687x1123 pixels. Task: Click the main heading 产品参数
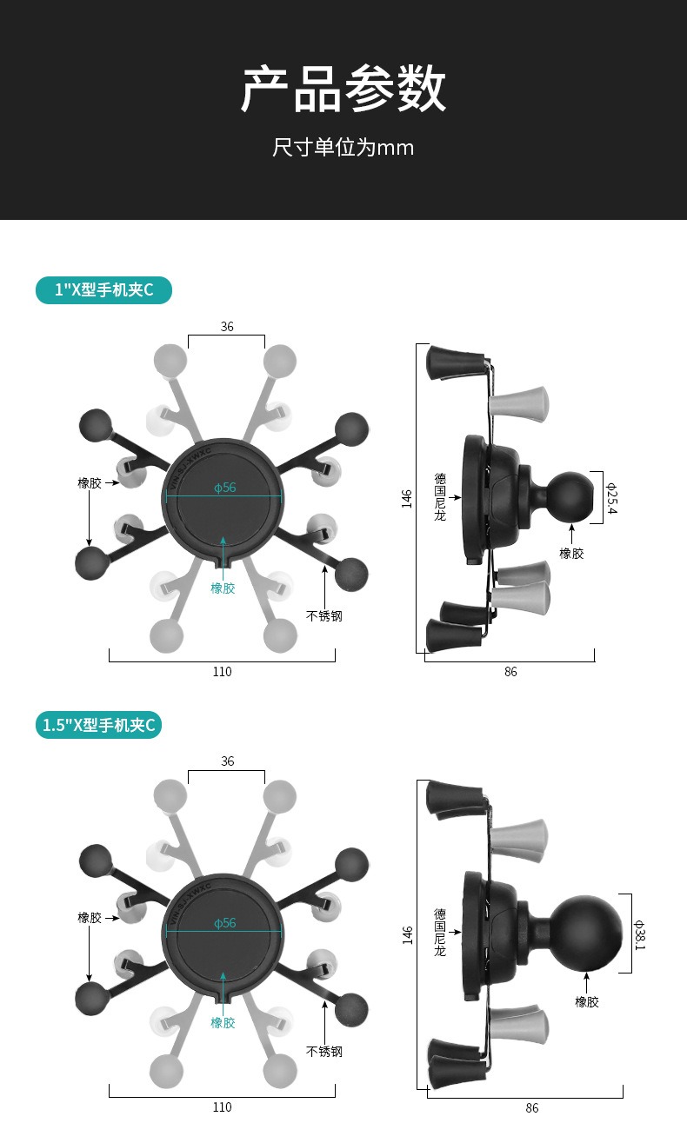point(343,90)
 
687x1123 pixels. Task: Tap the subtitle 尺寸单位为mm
point(343,148)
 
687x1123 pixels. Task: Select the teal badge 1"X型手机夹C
point(103,289)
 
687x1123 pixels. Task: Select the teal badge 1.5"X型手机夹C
point(99,725)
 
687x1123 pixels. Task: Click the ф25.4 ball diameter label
point(611,498)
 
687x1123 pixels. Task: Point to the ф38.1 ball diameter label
point(640,934)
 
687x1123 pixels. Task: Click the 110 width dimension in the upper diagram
point(222,671)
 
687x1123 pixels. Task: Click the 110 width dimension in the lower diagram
point(222,1106)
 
